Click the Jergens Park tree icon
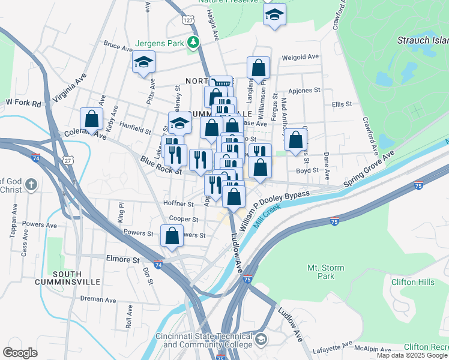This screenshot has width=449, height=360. coord(193,41)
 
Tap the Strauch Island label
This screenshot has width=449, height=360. coord(423,41)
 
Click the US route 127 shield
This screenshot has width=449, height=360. coord(188,20)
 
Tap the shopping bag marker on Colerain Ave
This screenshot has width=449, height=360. coord(92,119)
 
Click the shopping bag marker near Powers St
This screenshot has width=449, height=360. coord(172,236)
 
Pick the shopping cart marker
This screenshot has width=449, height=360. coord(221,85)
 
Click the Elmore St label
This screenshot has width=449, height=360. coord(122,260)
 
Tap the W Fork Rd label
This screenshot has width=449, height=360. coord(23,103)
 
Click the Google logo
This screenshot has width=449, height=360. coord(20,353)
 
